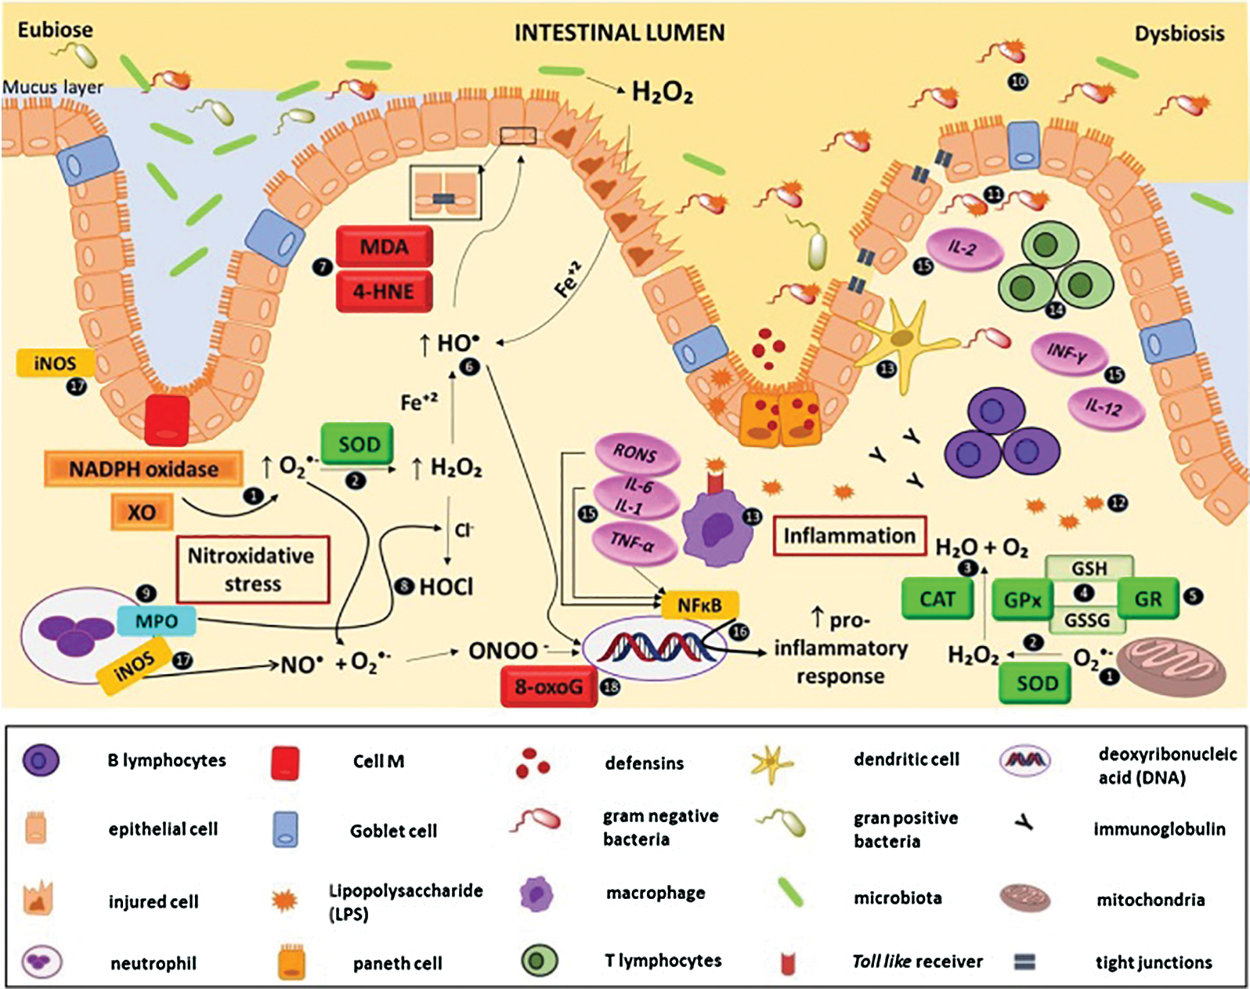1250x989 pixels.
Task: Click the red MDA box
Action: [x=385, y=247]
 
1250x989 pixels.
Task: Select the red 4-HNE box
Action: [x=385, y=291]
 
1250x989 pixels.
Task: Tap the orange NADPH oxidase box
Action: [x=143, y=468]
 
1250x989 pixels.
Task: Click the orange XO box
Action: [x=142, y=512]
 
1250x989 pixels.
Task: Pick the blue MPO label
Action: [x=157, y=622]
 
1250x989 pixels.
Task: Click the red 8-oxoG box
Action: [x=549, y=687]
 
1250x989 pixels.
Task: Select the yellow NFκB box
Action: [x=700, y=605]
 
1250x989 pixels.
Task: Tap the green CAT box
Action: [x=937, y=599]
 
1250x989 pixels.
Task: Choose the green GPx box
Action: [x=1022, y=599]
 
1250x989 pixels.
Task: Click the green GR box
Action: [x=1148, y=599]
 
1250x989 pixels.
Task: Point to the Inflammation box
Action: [x=850, y=536]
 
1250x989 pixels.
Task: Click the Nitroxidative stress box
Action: [x=253, y=570]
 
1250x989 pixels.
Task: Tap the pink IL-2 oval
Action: [x=964, y=249]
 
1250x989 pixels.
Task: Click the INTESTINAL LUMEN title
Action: [x=620, y=33]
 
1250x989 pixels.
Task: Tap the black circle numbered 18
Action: [x=610, y=687]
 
